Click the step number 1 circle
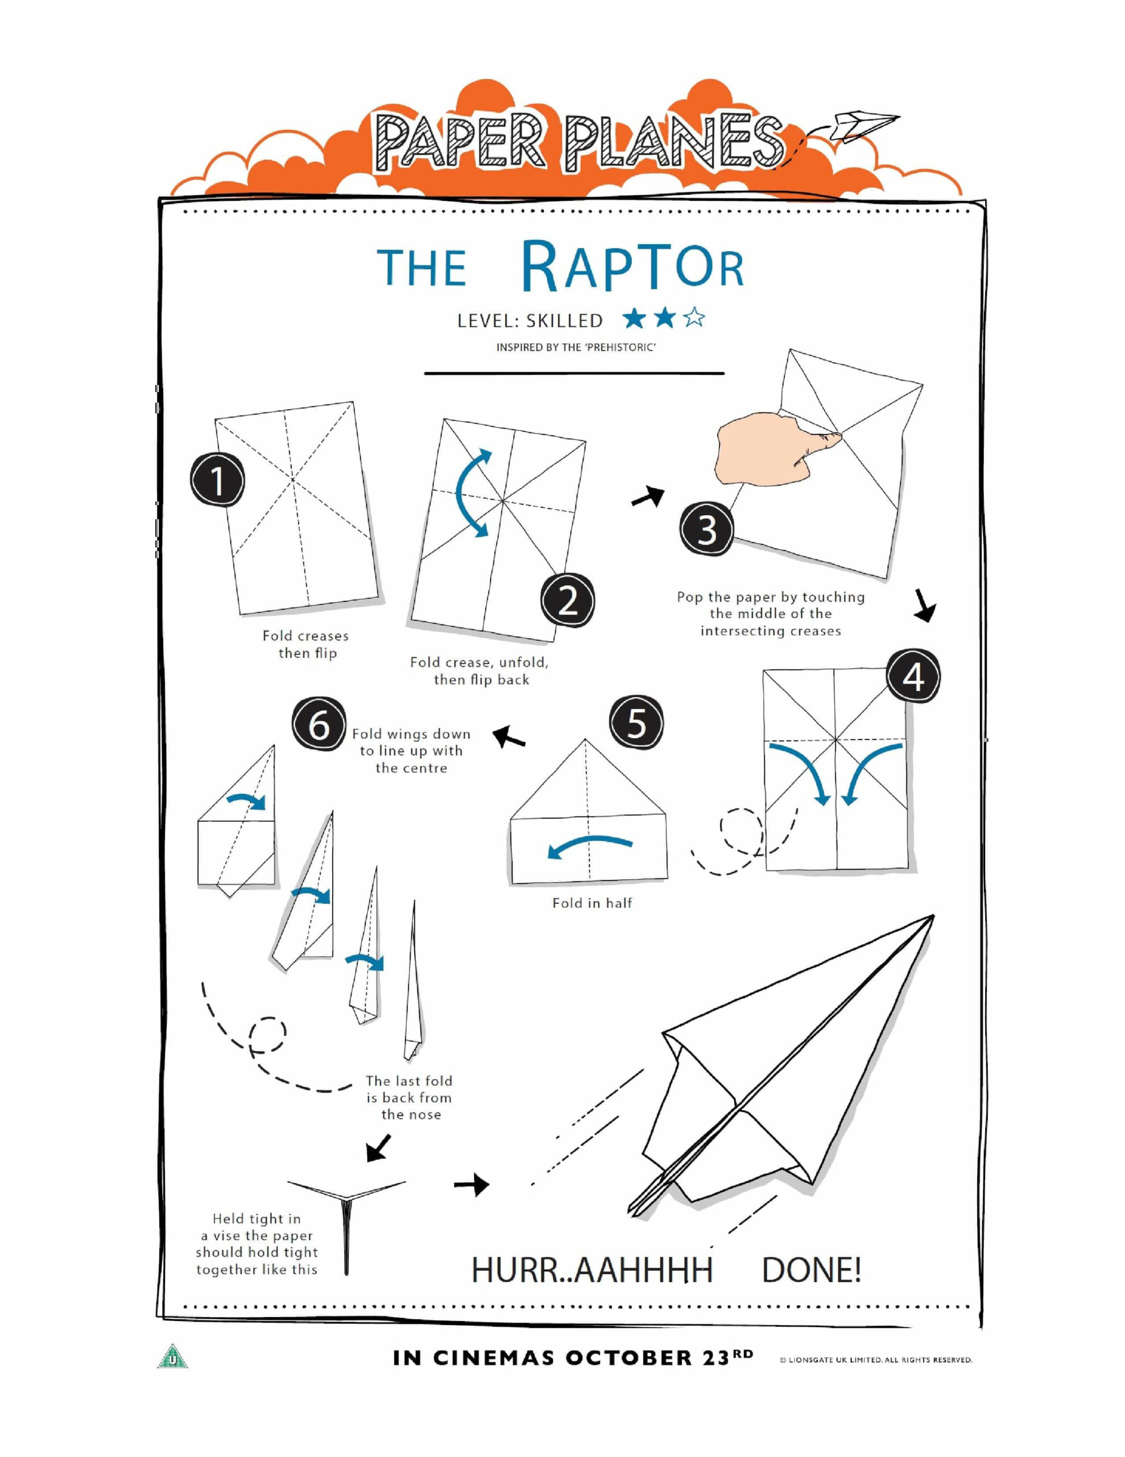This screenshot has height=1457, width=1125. (x=217, y=481)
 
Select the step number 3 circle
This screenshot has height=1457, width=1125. (x=707, y=531)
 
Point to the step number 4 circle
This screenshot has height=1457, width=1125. (x=913, y=677)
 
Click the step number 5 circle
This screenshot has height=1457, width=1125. (x=637, y=723)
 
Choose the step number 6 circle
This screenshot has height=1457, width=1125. (x=319, y=725)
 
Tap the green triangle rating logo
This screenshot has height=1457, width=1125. (x=172, y=1356)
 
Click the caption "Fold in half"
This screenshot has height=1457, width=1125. (x=592, y=903)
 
